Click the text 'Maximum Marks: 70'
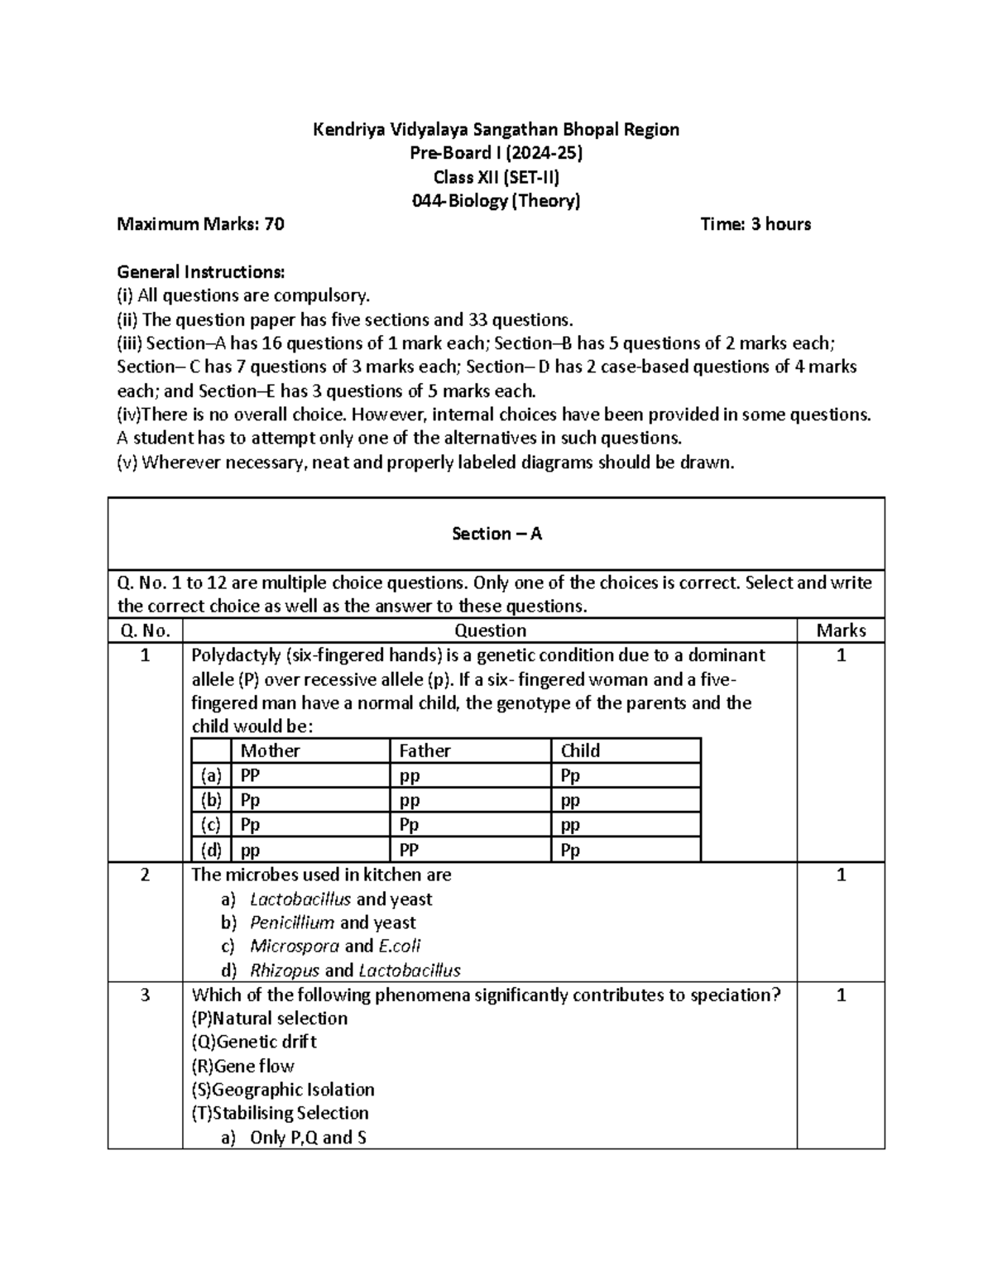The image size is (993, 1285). point(200,224)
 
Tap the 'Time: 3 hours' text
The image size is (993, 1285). point(755,224)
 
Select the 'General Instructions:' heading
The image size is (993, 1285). point(200,272)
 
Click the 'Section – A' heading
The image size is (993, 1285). point(496,534)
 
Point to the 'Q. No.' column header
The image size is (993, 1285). point(145,631)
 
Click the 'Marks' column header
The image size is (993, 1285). point(840,631)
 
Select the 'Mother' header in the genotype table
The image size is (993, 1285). point(270,750)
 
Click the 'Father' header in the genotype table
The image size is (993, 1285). point(425,750)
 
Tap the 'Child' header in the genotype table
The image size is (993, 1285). point(580,750)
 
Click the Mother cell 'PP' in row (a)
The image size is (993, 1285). point(250,775)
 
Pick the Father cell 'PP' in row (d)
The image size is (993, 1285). point(409,850)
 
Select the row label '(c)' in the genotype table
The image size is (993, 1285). point(210,825)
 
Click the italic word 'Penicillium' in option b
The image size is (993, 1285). point(292,923)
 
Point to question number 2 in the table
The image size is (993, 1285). point(145,875)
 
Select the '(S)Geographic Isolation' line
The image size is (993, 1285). point(282,1090)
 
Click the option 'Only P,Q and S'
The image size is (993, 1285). point(308,1138)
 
